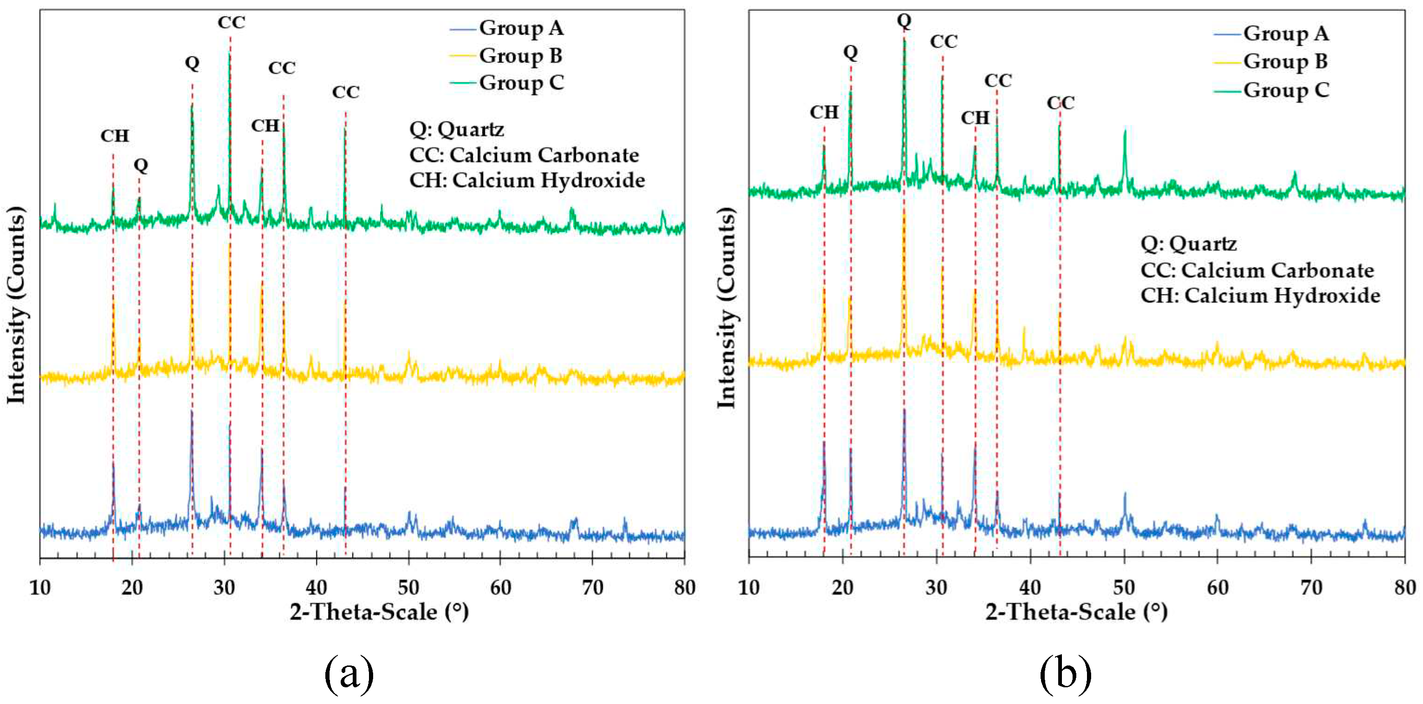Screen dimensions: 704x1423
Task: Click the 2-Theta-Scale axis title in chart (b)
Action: coord(1076,612)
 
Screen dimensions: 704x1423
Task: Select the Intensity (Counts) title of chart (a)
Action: coord(17,305)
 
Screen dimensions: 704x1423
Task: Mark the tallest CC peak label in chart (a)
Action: coord(231,23)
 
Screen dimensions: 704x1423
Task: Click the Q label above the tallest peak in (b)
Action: coord(904,20)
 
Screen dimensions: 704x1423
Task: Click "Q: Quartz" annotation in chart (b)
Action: coord(1188,244)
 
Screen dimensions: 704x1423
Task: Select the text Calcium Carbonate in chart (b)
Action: coord(1277,270)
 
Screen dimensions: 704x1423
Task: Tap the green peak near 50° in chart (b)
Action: coord(1125,133)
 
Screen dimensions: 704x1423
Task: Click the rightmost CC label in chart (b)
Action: coord(1060,103)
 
